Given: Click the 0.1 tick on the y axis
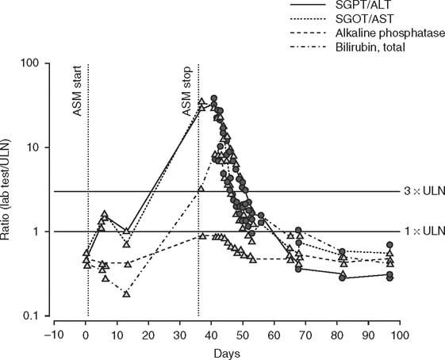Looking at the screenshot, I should tap(36, 316).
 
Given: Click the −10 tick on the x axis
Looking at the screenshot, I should tap(52, 333).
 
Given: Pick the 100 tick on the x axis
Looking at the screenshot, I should tap(399, 333).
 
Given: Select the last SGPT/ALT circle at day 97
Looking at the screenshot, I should tap(389, 277).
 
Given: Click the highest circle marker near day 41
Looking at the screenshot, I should tap(213, 98).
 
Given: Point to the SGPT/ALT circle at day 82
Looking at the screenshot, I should tap(343, 278).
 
